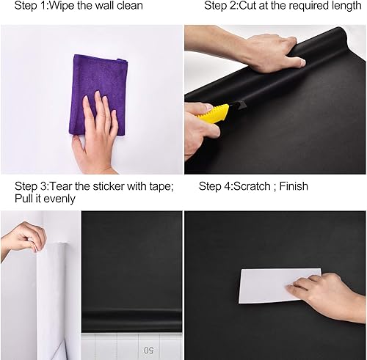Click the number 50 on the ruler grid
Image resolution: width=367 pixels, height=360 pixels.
point(150,350)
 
